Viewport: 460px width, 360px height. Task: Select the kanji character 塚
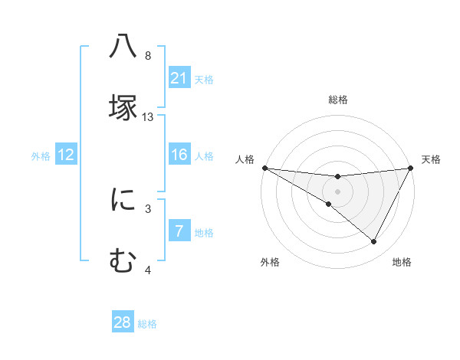123,107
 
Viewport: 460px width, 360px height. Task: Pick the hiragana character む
123,260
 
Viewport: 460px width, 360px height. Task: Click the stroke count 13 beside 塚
148,117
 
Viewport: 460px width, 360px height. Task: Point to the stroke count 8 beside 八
148,56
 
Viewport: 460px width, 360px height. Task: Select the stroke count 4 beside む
148,270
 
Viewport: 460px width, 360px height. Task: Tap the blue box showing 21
179,78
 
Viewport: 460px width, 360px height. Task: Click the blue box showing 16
179,155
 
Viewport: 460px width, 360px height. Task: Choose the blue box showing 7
179,231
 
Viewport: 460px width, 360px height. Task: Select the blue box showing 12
65,155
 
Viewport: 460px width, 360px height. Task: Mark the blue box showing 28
123,322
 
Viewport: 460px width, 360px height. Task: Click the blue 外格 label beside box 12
41,156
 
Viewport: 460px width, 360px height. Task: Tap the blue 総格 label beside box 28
147,324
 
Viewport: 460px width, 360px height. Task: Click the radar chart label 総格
337,100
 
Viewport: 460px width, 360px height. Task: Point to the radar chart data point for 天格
411,168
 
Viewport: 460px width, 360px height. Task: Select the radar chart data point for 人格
264,168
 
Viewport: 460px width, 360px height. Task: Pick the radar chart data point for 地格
374,242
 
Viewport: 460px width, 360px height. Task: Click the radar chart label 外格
270,263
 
